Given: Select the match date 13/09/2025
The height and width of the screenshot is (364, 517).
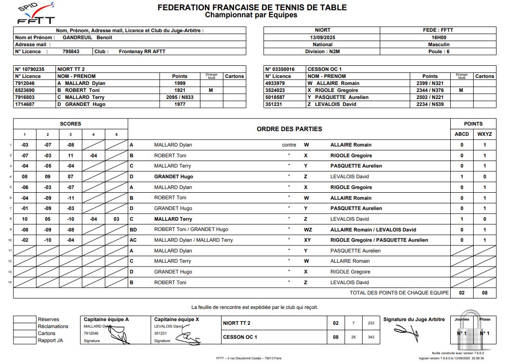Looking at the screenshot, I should (x=322, y=37).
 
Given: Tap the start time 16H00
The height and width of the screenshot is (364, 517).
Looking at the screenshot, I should (x=438, y=37).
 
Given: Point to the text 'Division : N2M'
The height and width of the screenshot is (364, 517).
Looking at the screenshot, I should (x=322, y=51).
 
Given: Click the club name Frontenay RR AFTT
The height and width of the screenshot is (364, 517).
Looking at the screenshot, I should (x=142, y=51).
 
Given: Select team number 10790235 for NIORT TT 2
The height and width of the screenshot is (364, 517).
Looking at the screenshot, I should (x=30, y=69).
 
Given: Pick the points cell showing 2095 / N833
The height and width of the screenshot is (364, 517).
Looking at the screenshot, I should (x=180, y=97).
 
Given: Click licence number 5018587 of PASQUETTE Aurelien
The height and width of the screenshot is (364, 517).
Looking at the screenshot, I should (x=278, y=97).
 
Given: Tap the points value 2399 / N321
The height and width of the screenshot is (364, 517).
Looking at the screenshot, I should (x=430, y=83).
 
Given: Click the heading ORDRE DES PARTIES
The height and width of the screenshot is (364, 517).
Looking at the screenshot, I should (x=289, y=129).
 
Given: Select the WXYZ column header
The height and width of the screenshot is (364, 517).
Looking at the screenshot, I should (x=484, y=134).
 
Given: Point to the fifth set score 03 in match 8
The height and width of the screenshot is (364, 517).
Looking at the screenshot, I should (x=116, y=219).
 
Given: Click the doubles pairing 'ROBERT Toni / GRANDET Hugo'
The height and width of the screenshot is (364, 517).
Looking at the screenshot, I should (x=191, y=230).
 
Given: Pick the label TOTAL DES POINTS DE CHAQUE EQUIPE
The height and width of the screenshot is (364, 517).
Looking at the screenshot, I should (x=399, y=293).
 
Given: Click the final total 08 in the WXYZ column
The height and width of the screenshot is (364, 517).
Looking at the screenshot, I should (x=484, y=293).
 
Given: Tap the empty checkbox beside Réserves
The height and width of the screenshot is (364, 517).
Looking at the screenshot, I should (x=25, y=320).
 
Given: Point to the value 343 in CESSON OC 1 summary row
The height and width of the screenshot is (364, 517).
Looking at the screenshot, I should (x=371, y=337).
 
